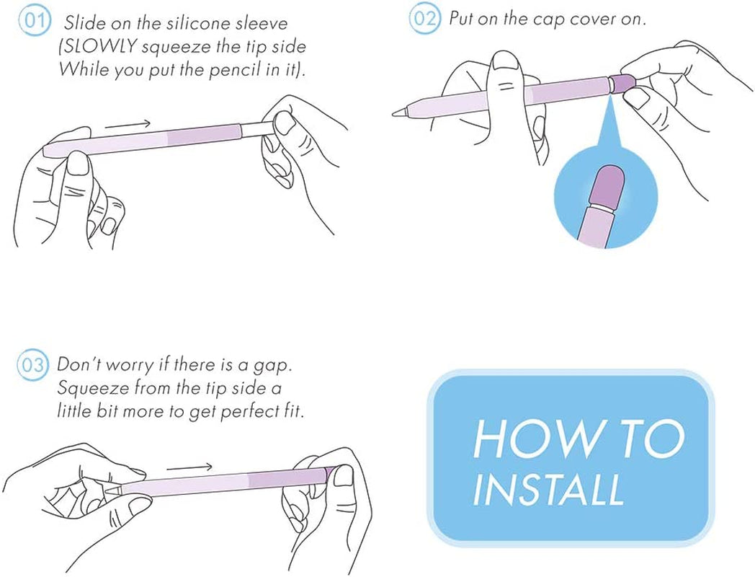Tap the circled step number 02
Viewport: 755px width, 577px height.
(424, 19)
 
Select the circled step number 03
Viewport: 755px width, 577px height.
(32, 365)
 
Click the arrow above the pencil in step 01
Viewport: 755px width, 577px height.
(128, 125)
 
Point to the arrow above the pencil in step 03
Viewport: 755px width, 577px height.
(189, 467)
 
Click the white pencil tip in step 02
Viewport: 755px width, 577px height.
(400, 113)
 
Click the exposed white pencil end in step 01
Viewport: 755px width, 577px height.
(258, 129)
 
